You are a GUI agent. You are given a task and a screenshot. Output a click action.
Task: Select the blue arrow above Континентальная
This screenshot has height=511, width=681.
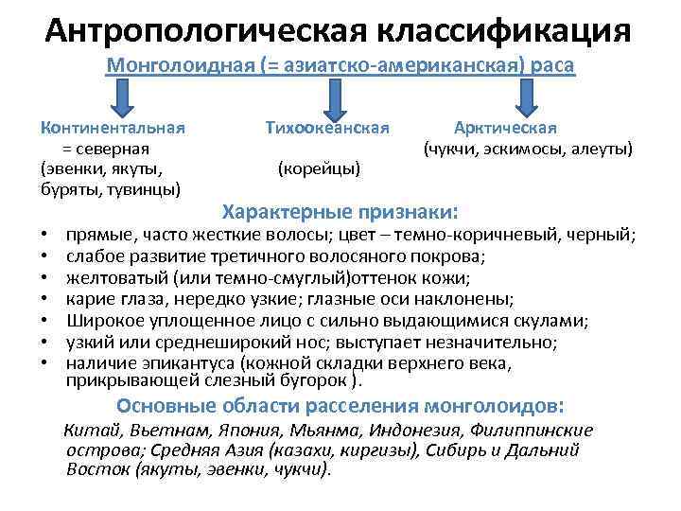pos(125,97)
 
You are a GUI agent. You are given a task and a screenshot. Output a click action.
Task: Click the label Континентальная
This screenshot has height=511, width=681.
pos(113,128)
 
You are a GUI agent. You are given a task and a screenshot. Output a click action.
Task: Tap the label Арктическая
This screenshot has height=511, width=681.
pos(505,128)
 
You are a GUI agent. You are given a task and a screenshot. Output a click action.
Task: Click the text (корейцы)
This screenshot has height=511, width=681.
pos(319,168)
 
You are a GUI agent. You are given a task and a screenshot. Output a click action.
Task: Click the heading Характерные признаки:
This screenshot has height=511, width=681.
pos(339,209)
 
